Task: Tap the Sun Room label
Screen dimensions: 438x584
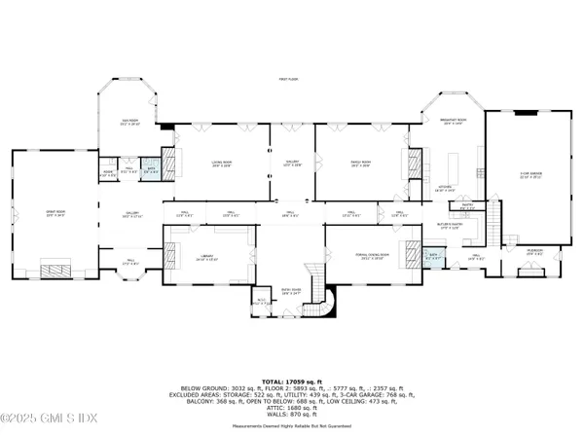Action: (129, 124)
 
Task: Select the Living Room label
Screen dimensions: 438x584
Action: (222, 164)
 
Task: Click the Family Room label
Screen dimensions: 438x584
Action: (361, 164)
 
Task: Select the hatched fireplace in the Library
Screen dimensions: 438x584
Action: (170, 248)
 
